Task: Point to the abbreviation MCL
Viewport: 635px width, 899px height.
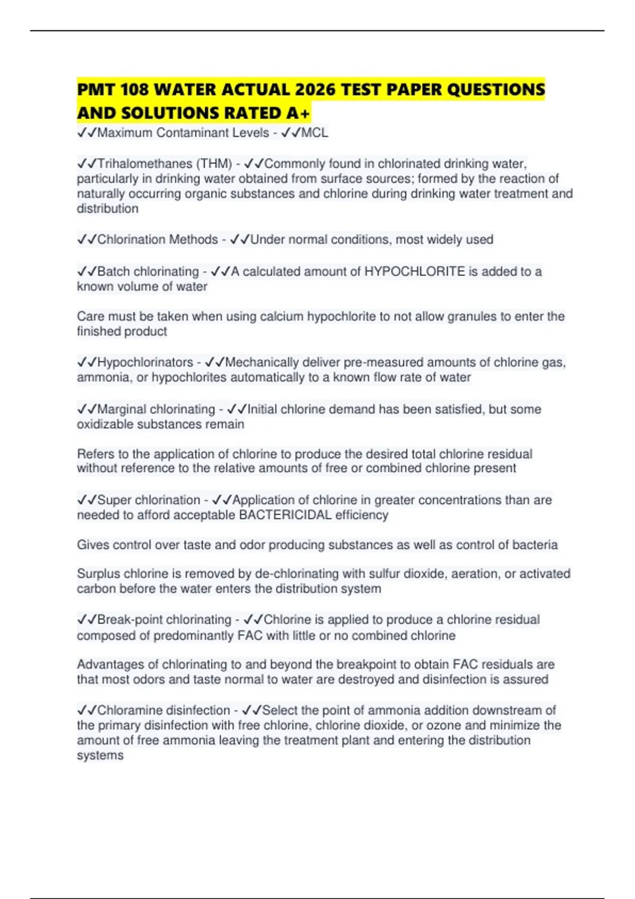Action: pyautogui.click(x=314, y=133)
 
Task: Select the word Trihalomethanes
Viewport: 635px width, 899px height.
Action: pyautogui.click(x=144, y=164)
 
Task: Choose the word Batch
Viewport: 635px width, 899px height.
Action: pyautogui.click(x=113, y=271)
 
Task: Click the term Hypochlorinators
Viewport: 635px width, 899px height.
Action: pyautogui.click(x=145, y=362)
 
